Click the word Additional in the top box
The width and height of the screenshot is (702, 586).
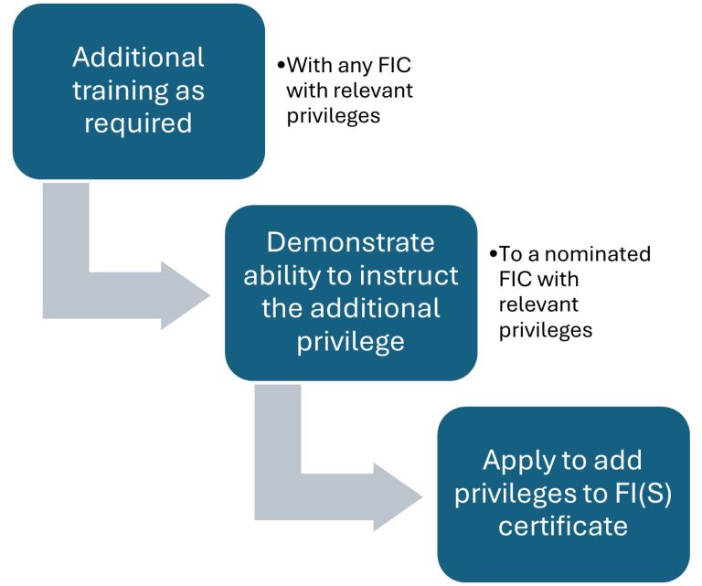[139, 57]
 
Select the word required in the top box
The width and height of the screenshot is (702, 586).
[139, 123]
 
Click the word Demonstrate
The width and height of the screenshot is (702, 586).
[351, 242]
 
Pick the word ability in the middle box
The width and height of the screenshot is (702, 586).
[281, 275]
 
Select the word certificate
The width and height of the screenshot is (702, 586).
[562, 526]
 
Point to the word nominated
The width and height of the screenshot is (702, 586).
[600, 254]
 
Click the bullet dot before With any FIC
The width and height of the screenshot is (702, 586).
[282, 67]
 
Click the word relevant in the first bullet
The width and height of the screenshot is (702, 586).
[375, 91]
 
